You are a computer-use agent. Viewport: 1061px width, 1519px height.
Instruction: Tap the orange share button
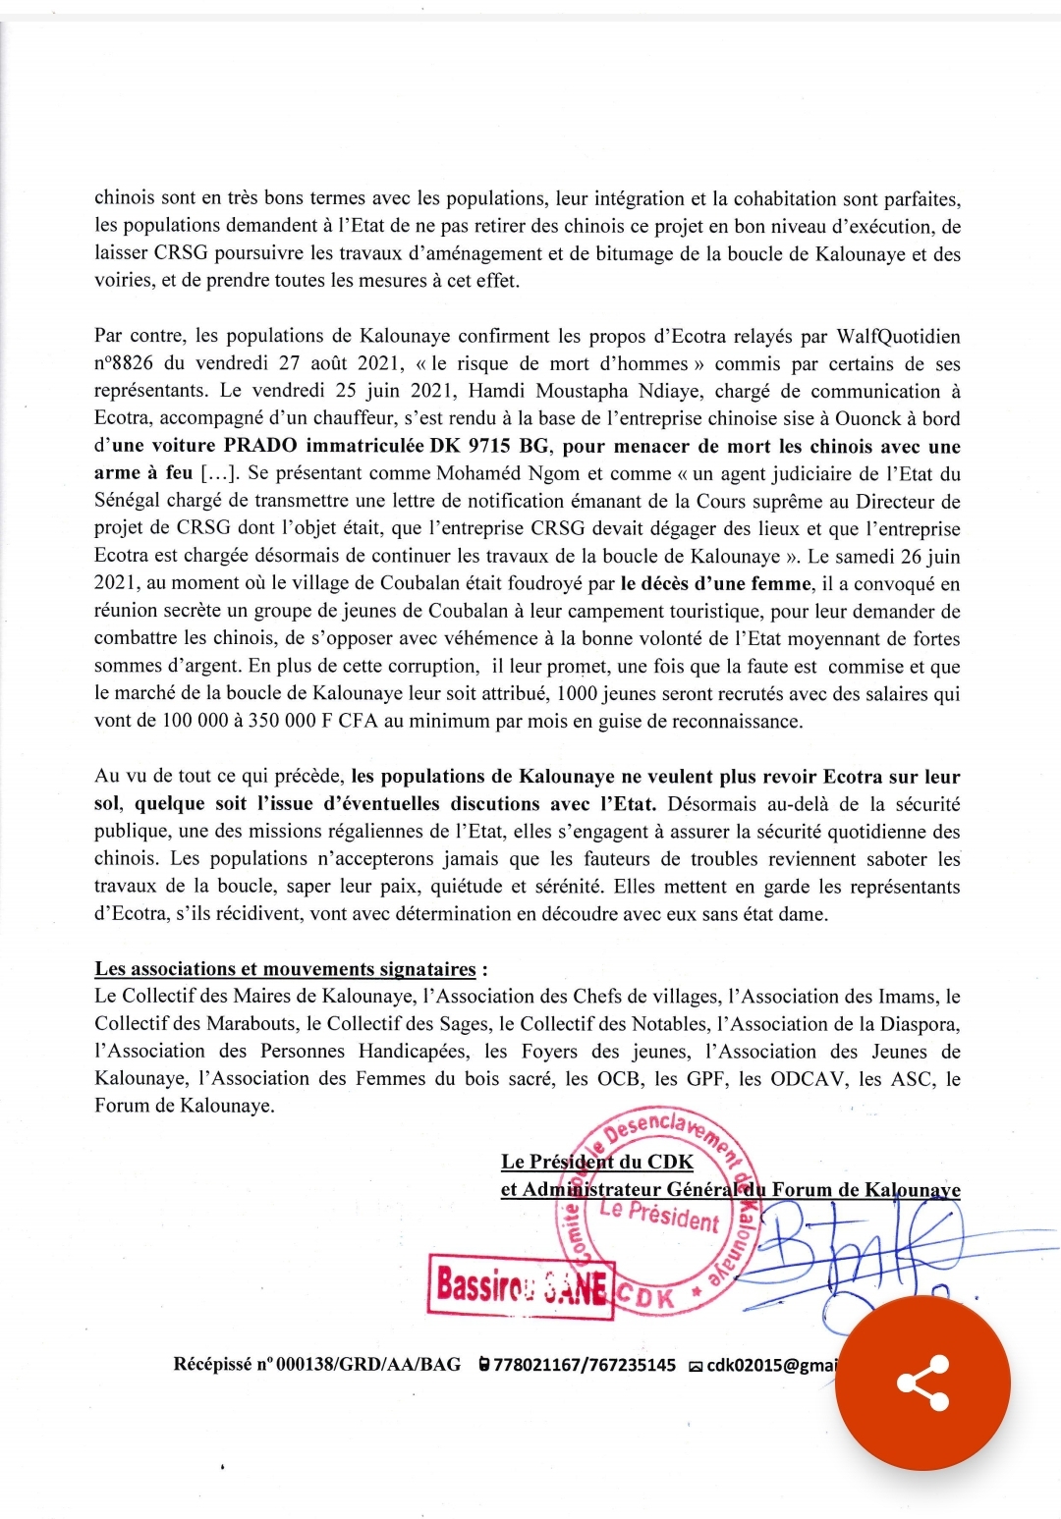pyautogui.click(x=922, y=1382)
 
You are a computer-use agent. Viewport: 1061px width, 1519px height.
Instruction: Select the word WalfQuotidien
pyautogui.click(x=898, y=336)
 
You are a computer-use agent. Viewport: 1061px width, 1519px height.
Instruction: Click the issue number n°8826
pyautogui.click(x=124, y=363)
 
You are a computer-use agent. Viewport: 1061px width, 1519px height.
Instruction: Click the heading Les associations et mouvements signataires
pyautogui.click(x=285, y=969)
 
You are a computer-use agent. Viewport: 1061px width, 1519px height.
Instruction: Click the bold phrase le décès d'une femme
pyautogui.click(x=716, y=583)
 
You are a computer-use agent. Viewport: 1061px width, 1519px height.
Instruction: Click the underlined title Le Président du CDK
pyautogui.click(x=596, y=1162)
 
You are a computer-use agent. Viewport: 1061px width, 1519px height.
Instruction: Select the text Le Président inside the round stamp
pyautogui.click(x=659, y=1215)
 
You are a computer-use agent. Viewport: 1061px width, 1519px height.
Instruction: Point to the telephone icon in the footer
pyautogui.click(x=483, y=1365)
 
